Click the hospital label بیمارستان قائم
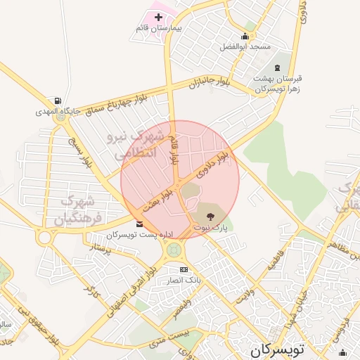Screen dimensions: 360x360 (x=157, y=28)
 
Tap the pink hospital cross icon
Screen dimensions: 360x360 (x=157, y=17)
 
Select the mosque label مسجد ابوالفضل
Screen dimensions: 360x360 (x=245, y=46)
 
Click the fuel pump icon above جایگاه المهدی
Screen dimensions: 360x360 (x=56, y=101)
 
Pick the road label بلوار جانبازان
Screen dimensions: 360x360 (x=209, y=84)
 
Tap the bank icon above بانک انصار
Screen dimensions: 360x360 (x=184, y=269)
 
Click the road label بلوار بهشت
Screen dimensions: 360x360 (x=158, y=200)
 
